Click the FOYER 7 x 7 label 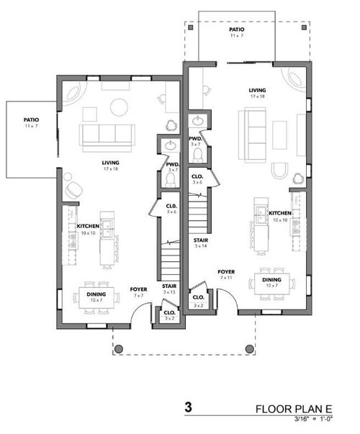139,291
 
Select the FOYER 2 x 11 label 227,274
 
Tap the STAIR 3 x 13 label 169,289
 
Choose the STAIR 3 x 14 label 201,242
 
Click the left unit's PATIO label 31,123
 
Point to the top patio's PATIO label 238,32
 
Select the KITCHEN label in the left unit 88,230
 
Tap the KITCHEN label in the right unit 280,216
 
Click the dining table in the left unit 94,297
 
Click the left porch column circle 119,348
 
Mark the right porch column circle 250,348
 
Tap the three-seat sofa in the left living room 107,135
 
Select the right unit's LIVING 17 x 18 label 256,93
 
